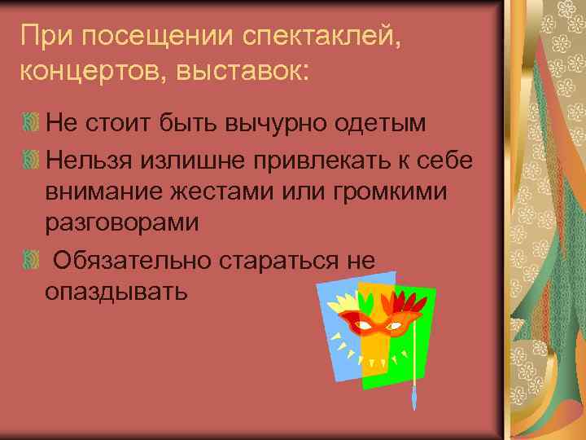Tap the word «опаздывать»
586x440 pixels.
(x=117, y=293)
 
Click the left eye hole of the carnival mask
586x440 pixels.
(x=366, y=326)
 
